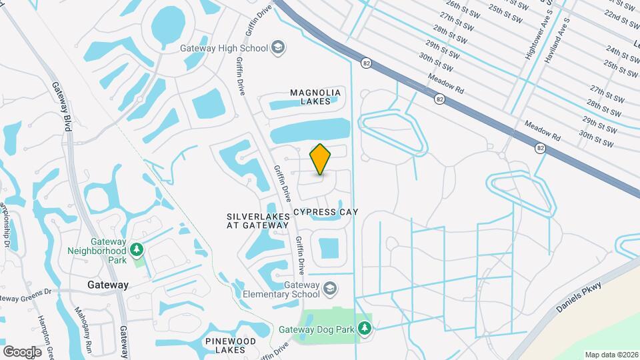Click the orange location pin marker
321,159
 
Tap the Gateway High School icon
278,48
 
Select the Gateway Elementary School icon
329,289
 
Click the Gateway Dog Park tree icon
364,328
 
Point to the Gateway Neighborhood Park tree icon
137,250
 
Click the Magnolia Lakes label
315,97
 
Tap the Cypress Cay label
326,212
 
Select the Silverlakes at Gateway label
258,221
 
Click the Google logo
22,351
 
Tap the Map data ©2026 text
611,354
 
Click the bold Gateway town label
107,285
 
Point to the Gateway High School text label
223,48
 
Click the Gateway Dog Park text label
325,328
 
